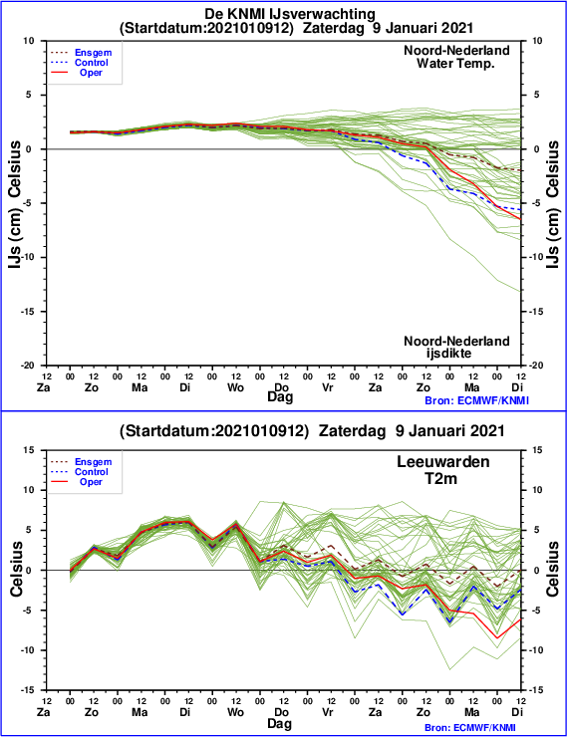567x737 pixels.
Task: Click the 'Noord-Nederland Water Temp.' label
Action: (456, 57)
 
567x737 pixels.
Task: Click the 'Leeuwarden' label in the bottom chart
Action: (442, 461)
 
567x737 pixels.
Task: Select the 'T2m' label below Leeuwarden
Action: (441, 478)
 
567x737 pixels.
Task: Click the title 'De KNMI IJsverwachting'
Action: (290, 14)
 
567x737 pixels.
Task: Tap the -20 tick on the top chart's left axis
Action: (29, 366)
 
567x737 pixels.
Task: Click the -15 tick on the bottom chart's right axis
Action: (536, 690)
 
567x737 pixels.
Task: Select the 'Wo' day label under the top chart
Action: (235, 387)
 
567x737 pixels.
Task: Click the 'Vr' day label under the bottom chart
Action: (328, 712)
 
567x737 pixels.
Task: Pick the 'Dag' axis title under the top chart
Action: (280, 397)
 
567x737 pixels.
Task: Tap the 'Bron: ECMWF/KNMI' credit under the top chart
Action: (476, 401)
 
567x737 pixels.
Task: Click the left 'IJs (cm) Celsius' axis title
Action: (16, 204)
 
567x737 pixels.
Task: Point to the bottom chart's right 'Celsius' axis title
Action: (553, 570)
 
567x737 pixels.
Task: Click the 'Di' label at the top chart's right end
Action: (517, 387)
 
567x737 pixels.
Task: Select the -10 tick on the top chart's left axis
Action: (29, 257)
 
